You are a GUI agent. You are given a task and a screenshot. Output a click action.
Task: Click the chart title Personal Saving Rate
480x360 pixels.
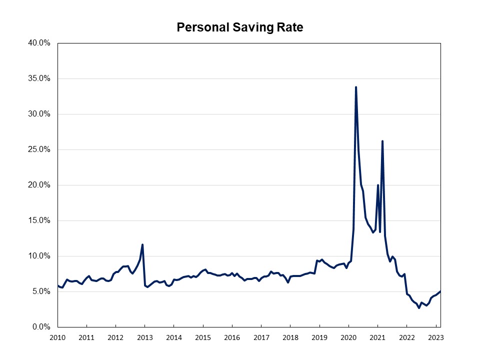click(x=240, y=27)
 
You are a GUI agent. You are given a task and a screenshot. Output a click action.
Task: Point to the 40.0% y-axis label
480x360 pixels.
click(x=39, y=43)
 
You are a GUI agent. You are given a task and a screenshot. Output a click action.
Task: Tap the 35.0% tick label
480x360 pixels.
click(x=39, y=78)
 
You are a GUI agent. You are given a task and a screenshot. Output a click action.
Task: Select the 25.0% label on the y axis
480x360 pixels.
click(x=39, y=149)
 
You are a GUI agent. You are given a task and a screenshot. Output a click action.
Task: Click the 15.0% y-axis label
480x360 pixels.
click(x=39, y=220)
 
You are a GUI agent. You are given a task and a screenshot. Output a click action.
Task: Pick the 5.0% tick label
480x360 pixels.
click(x=41, y=291)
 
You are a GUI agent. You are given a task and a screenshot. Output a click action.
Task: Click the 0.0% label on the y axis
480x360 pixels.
click(x=41, y=327)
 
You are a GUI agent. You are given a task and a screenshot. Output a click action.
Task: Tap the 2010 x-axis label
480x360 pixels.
click(x=57, y=337)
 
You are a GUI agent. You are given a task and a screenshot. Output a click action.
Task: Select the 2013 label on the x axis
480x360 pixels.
click(x=145, y=337)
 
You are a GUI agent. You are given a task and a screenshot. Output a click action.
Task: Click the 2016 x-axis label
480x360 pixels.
click(x=232, y=337)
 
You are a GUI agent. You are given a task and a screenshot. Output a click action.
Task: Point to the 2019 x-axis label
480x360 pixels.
click(x=319, y=337)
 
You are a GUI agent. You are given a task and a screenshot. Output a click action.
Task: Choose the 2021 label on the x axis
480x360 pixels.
click(x=377, y=337)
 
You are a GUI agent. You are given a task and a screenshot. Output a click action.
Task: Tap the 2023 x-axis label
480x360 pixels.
click(x=435, y=337)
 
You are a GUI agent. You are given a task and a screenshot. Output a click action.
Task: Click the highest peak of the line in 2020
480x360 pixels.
click(x=356, y=87)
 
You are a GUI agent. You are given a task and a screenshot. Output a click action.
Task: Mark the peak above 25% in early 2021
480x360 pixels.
click(x=382, y=141)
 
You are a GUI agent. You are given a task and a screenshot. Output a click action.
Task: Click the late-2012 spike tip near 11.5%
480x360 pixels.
click(x=142, y=244)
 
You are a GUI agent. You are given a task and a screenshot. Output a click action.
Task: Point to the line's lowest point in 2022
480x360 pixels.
click(x=419, y=308)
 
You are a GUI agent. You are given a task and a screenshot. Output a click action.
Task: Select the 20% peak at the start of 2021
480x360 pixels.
click(x=378, y=185)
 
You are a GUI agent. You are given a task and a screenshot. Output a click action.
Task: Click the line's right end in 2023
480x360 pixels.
click(x=440, y=291)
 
